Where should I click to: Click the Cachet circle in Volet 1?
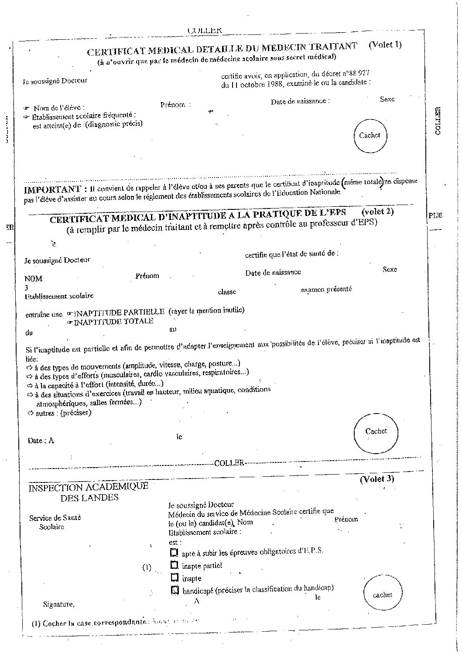(x=370, y=136)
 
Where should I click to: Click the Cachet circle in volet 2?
(x=376, y=432)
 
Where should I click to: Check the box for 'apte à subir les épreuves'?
(x=175, y=552)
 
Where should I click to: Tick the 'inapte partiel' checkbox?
(x=175, y=565)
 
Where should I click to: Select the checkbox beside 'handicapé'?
(x=175, y=590)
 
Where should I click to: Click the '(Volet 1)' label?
(x=385, y=44)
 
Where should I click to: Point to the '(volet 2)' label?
(x=377, y=212)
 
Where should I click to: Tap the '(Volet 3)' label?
(x=376, y=479)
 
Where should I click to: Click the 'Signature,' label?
(x=59, y=604)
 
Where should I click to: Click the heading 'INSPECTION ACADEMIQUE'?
(x=89, y=487)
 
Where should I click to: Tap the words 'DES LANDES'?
(x=89, y=497)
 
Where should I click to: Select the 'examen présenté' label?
(x=326, y=289)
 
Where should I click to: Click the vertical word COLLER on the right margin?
(x=438, y=120)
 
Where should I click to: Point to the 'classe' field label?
(x=226, y=292)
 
